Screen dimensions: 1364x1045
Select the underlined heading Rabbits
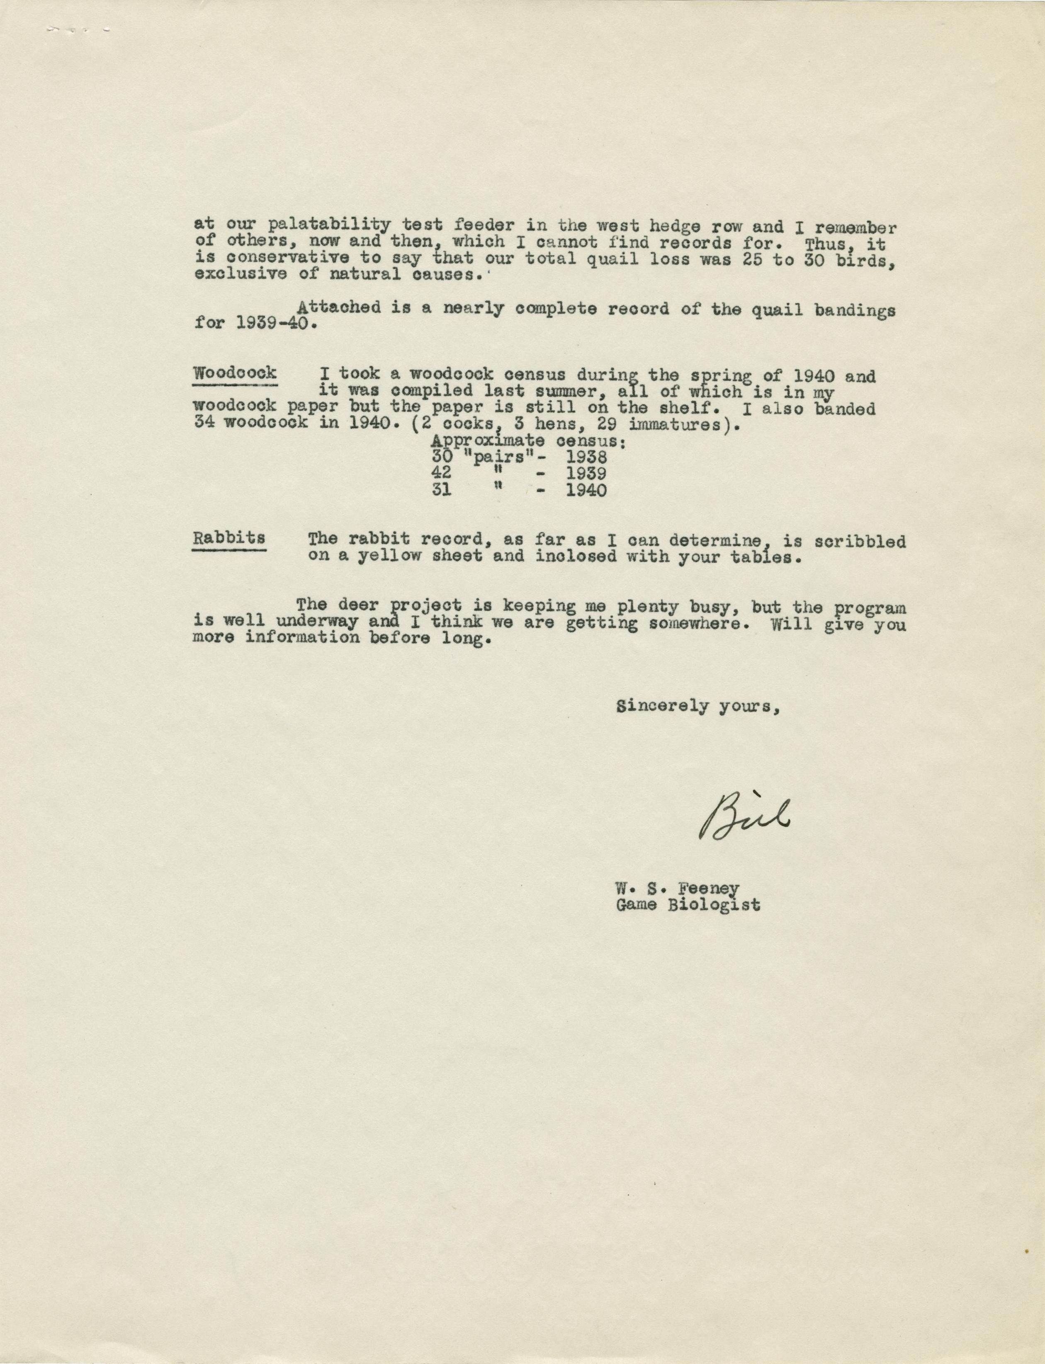point(228,538)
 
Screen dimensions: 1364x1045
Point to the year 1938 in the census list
point(586,457)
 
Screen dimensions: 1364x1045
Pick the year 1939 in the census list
point(586,474)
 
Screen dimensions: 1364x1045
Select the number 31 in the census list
point(441,490)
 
